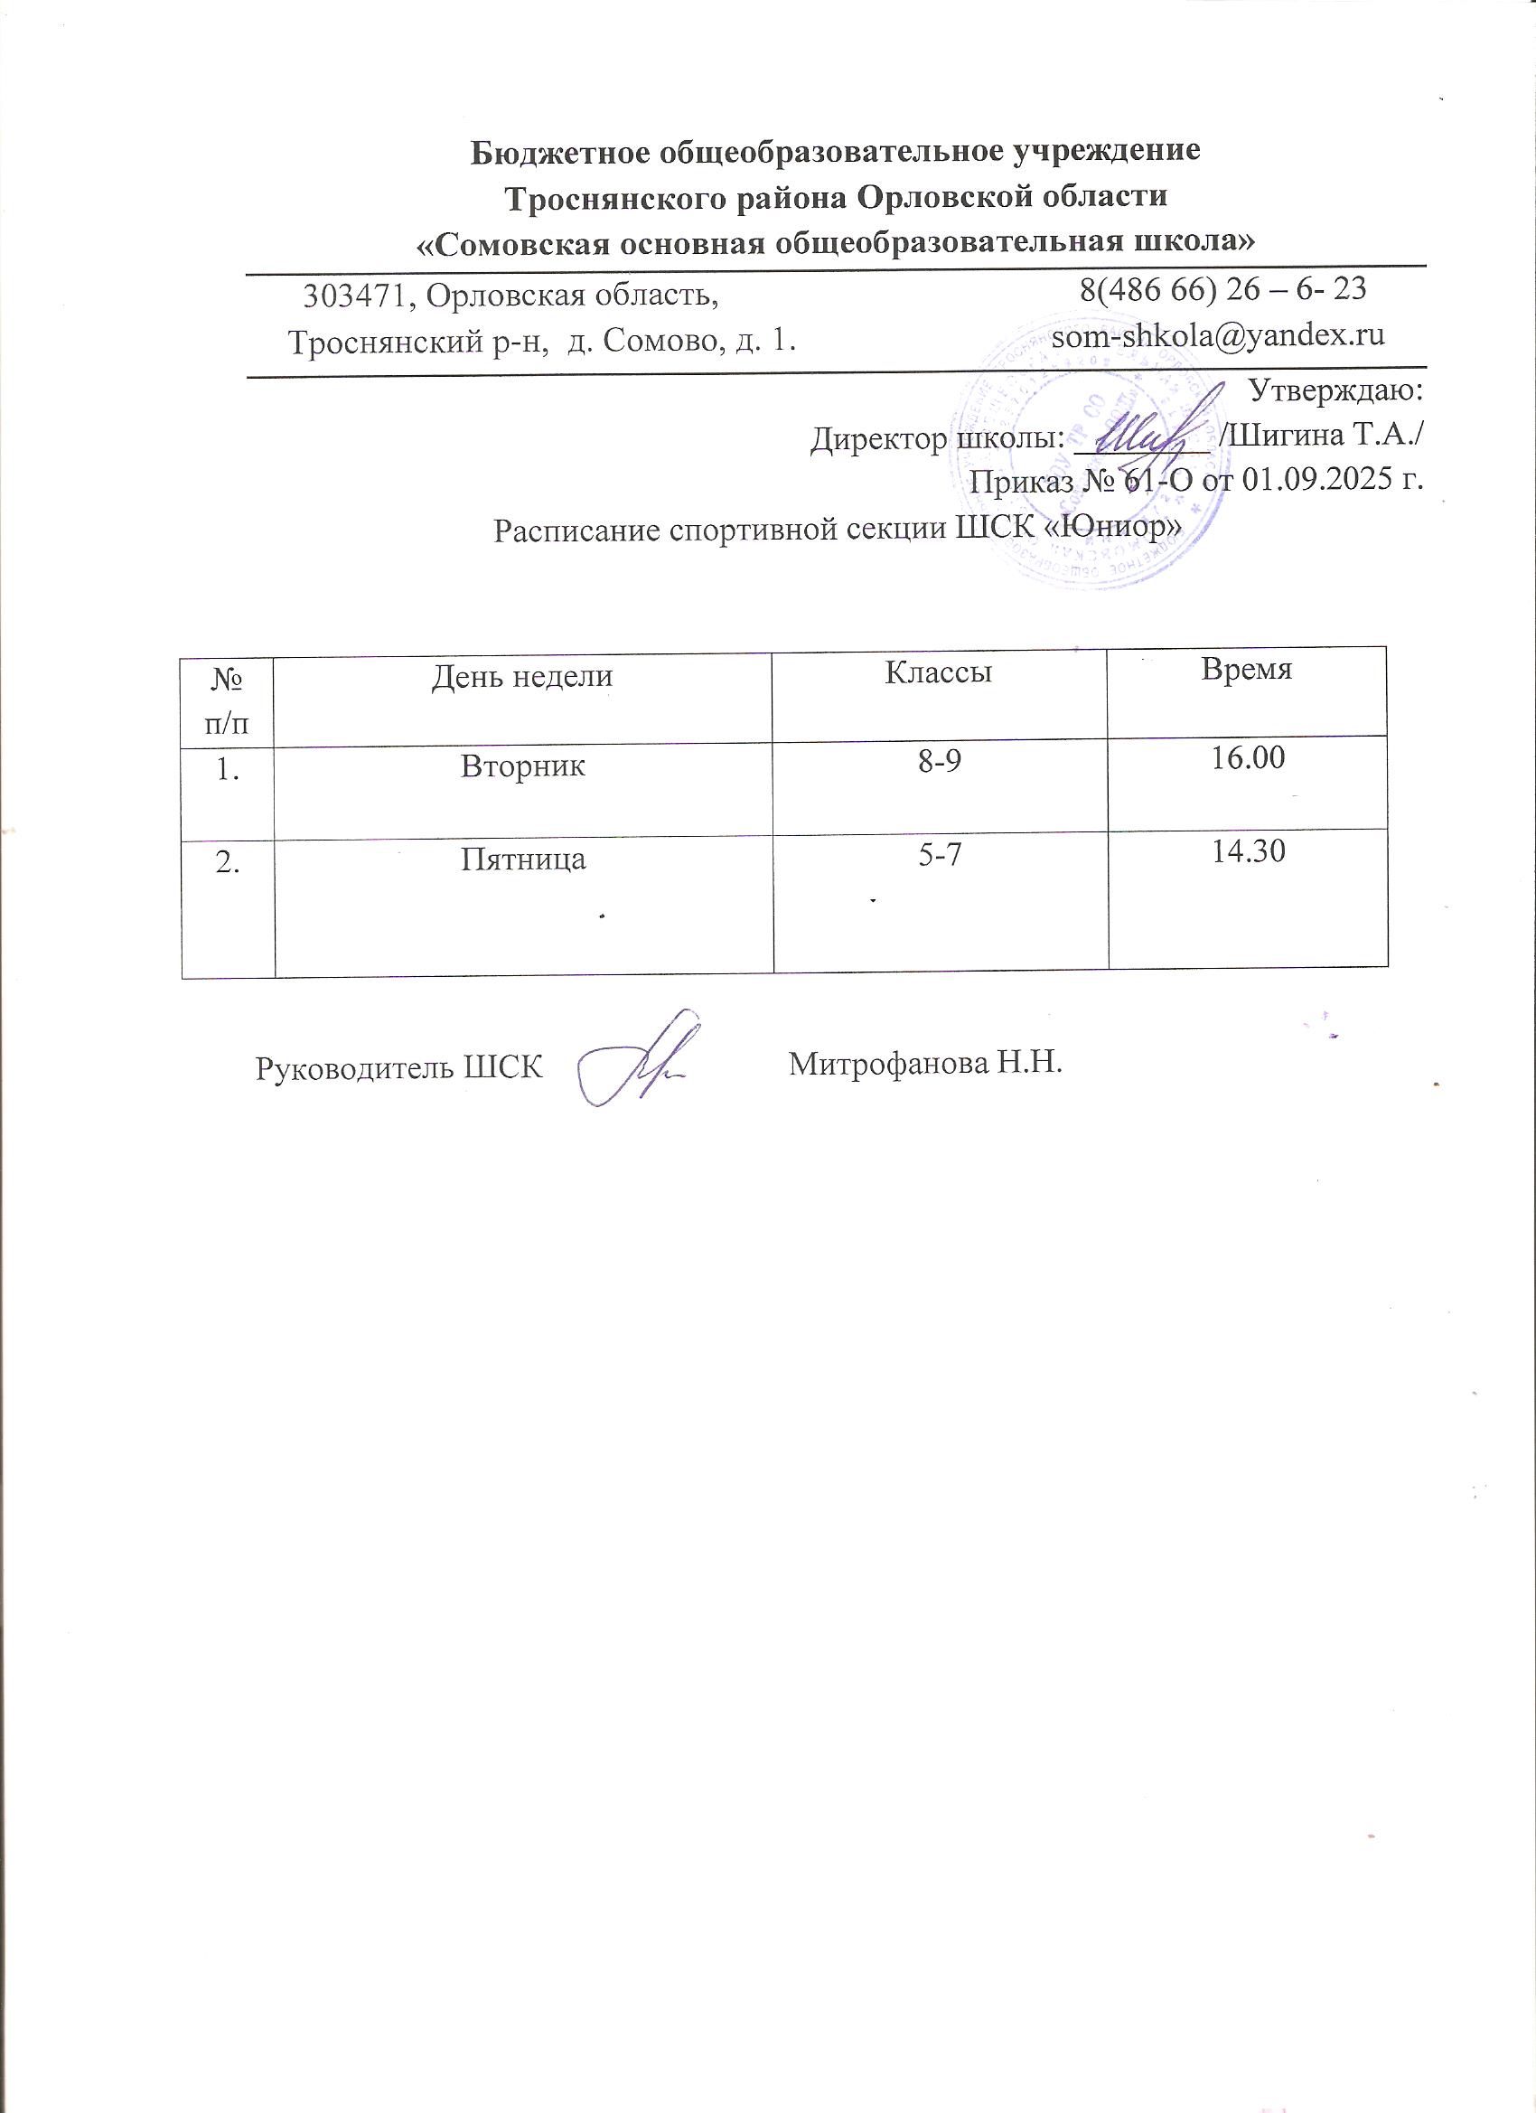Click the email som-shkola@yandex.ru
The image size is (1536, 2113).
(1217, 335)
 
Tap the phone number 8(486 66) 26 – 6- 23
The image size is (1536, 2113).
(1223, 289)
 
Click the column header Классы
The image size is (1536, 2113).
(938, 671)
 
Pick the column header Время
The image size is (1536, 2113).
(1246, 670)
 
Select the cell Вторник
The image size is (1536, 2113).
(523, 766)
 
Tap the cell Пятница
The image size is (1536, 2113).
(523, 858)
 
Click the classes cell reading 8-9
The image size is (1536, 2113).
(940, 762)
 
